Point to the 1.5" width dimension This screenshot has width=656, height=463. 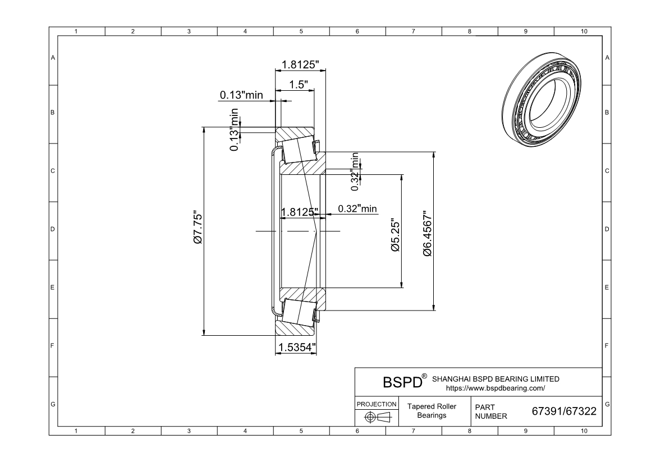click(x=297, y=84)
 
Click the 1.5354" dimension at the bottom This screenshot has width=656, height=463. click(x=296, y=347)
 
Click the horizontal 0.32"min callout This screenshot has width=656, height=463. click(x=357, y=209)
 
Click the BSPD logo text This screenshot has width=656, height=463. click(x=401, y=382)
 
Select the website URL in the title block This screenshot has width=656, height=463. click(x=496, y=387)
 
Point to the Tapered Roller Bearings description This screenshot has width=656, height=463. click(x=432, y=411)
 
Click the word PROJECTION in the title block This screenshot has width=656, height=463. click(x=377, y=404)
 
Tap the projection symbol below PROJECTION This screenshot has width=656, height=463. click(x=377, y=417)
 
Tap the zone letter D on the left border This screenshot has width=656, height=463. click(x=53, y=229)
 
